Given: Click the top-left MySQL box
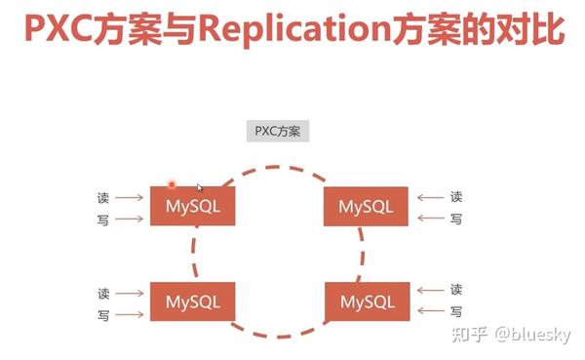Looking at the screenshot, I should pyautogui.click(x=193, y=206).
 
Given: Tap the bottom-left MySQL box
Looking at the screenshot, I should pyautogui.click(x=193, y=301).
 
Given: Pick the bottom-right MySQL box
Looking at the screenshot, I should pyautogui.click(x=367, y=301).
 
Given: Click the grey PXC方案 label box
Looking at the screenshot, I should pyautogui.click(x=278, y=130).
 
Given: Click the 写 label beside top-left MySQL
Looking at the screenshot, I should pyautogui.click(x=103, y=220).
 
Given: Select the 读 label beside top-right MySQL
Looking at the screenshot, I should pyautogui.click(x=455, y=197).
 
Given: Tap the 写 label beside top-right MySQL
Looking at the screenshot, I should pyautogui.click(x=455, y=220).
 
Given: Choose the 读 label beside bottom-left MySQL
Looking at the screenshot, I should pyautogui.click(x=103, y=293).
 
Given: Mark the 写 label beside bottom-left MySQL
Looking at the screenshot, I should pyautogui.click(x=103, y=315).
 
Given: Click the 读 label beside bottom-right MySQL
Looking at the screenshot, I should pyautogui.click(x=455, y=290).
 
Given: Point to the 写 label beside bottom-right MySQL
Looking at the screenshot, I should pyautogui.click(x=455, y=312).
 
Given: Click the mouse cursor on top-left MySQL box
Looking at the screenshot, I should pyautogui.click(x=199, y=187).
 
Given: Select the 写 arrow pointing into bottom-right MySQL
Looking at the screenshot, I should pyautogui.click(x=429, y=313).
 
